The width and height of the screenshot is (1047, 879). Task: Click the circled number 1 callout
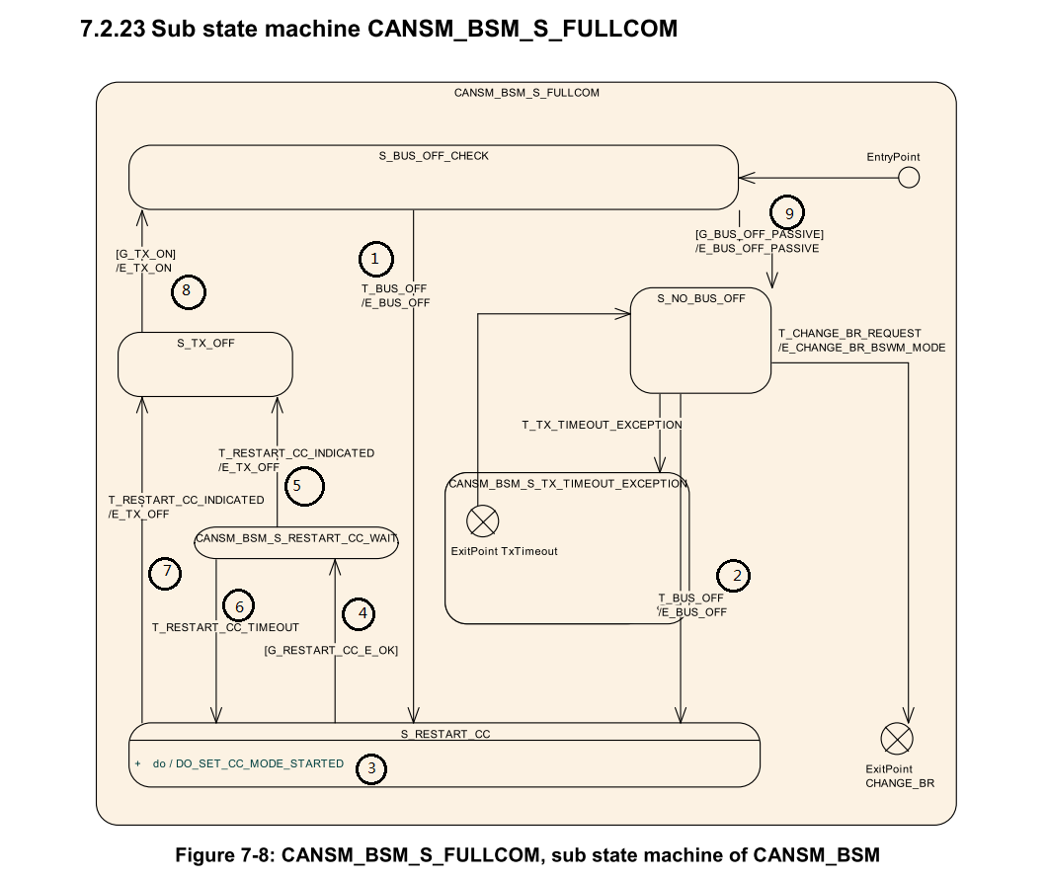(x=375, y=259)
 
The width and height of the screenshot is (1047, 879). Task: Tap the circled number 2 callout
(x=732, y=575)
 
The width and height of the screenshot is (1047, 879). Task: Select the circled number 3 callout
(x=370, y=768)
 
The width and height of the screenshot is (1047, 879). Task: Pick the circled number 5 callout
(x=306, y=487)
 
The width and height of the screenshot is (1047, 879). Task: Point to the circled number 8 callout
(x=187, y=290)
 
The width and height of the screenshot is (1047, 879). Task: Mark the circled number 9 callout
(x=788, y=212)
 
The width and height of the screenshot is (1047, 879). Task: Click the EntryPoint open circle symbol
(x=908, y=177)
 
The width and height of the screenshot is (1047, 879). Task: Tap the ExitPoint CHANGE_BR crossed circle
(x=897, y=738)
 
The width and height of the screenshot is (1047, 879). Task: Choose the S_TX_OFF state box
(x=204, y=364)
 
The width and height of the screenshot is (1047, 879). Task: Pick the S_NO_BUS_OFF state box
(x=700, y=341)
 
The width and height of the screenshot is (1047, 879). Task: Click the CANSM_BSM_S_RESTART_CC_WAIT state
(x=296, y=539)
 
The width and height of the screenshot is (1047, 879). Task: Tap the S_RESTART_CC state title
(x=444, y=734)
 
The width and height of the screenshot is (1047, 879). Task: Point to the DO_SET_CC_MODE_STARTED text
(x=260, y=763)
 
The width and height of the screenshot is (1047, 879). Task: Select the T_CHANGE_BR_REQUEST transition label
(x=849, y=334)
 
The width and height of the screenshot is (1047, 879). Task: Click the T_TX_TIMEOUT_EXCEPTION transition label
(x=602, y=425)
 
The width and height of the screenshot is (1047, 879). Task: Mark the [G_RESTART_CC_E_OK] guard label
(x=331, y=650)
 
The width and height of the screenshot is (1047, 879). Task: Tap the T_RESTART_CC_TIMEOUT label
(x=225, y=627)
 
